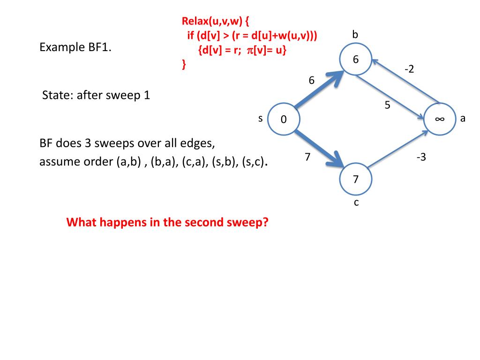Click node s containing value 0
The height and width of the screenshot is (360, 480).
point(284,119)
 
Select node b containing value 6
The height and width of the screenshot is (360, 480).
point(356,60)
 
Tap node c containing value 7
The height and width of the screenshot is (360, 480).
point(356,179)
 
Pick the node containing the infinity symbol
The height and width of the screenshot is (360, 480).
point(440,119)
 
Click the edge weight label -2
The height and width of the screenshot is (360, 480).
point(409,69)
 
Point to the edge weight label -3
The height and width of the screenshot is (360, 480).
point(421,157)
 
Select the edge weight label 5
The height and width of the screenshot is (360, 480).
point(387,105)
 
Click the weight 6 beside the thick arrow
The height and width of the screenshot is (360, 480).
point(311,80)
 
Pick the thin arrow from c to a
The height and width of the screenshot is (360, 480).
point(398,149)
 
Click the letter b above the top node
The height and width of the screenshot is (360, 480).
point(355,34)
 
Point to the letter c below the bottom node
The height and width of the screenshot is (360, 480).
point(356,202)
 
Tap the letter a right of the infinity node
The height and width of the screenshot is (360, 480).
point(463,119)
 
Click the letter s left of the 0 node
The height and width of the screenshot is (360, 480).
point(260,119)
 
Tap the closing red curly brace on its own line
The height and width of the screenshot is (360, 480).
point(184,64)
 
